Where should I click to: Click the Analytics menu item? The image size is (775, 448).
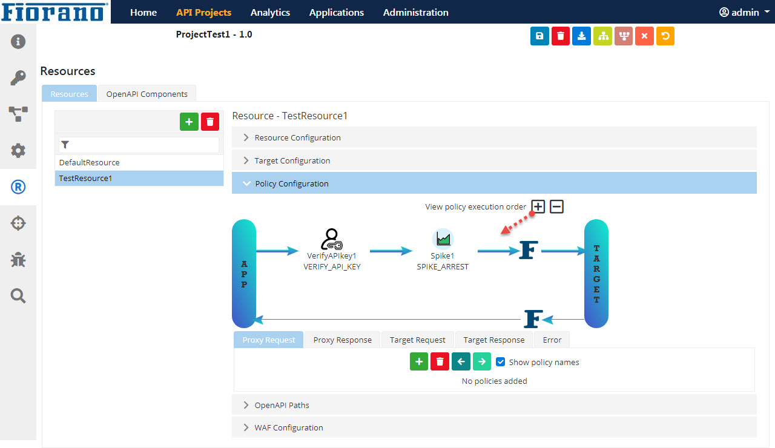[270, 13]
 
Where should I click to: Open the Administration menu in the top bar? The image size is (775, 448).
[415, 13]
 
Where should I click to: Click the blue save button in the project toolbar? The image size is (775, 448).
[539, 36]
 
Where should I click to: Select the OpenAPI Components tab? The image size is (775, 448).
[147, 94]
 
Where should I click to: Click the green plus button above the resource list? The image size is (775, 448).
[189, 122]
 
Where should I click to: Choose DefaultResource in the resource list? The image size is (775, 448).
[89, 163]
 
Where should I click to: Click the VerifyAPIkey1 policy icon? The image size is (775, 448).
[331, 239]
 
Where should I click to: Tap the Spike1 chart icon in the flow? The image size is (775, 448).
[443, 239]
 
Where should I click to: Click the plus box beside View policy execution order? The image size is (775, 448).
[538, 207]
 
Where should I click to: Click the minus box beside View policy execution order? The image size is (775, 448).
[556, 207]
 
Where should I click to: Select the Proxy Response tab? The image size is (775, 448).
[342, 340]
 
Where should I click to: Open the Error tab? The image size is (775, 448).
[552, 340]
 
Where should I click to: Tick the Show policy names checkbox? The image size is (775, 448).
[500, 362]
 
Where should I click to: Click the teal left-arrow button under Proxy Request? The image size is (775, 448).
[461, 361]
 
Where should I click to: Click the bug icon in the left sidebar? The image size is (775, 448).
[18, 260]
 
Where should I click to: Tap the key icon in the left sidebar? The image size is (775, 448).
[18, 78]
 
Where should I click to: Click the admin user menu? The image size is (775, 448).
[744, 13]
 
